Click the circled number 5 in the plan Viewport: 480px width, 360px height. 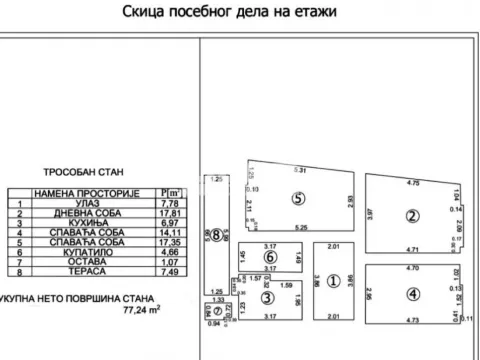pyautogui.click(x=297, y=198)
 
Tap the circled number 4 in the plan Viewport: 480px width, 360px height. pyautogui.click(x=412, y=292)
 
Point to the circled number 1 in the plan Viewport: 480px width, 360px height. pyautogui.click(x=335, y=280)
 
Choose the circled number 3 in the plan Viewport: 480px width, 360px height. pyautogui.click(x=267, y=297)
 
